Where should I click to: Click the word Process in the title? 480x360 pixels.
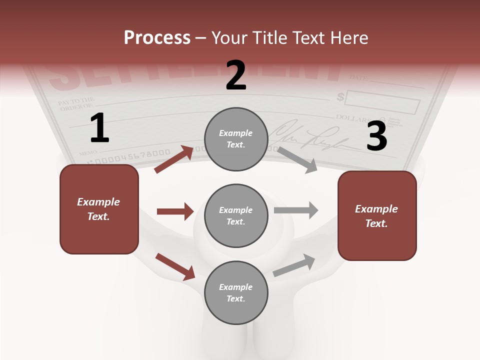(157, 37)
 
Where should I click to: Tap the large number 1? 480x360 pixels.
(99, 128)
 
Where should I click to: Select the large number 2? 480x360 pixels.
(236, 75)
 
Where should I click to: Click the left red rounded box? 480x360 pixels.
(99, 209)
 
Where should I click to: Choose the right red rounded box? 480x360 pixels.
(377, 216)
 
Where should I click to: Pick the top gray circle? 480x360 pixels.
(235, 139)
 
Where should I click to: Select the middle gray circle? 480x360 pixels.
(235, 215)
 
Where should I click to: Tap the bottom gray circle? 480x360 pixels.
(235, 292)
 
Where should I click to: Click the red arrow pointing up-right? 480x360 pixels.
(174, 159)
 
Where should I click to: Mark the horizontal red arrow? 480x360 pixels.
(175, 211)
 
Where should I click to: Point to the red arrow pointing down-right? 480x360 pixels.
(175, 266)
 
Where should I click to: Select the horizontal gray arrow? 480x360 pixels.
(296, 210)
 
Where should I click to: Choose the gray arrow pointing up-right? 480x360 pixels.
(294, 265)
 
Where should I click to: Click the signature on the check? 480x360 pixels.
(310, 136)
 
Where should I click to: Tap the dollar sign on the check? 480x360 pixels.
(340, 96)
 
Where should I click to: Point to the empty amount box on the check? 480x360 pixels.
(382, 103)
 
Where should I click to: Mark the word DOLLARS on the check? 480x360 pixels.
(351, 118)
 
